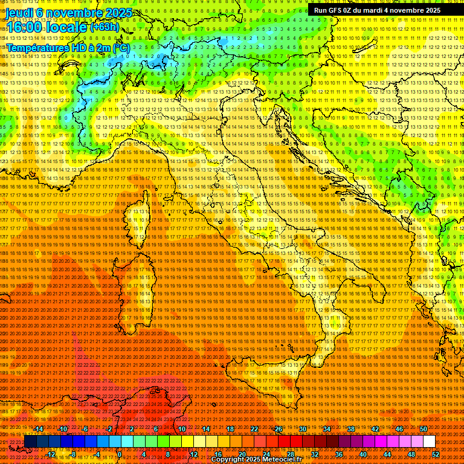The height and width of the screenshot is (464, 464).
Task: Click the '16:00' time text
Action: [x=24, y=28]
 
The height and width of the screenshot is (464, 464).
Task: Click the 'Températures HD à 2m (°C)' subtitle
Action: [x=68, y=47]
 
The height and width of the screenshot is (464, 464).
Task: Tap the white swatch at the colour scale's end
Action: [x=429, y=442]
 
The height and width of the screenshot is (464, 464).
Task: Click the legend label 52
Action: [x=436, y=454]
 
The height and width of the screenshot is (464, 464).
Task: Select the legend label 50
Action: [x=424, y=429]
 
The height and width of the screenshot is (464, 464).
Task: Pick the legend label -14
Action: [x=39, y=429]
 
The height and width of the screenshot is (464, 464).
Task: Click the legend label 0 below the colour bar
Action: [x=120, y=454]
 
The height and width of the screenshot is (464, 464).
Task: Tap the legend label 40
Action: [x=363, y=454]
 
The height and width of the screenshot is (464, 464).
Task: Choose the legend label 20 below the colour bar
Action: [x=242, y=454]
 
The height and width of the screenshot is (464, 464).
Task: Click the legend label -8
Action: [x=72, y=454]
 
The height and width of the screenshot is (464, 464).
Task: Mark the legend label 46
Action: [x=399, y=429]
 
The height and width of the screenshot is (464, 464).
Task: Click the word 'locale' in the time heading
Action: [x=65, y=28]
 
